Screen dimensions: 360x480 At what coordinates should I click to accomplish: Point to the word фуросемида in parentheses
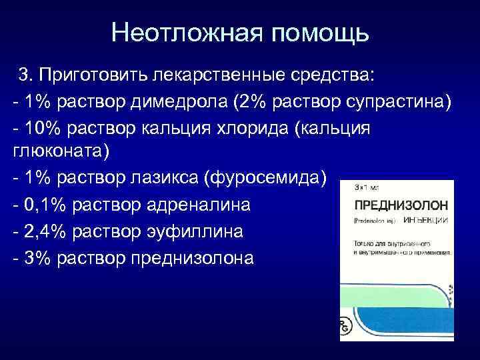point(269,179)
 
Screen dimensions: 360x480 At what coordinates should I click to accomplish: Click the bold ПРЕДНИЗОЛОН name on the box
point(396,205)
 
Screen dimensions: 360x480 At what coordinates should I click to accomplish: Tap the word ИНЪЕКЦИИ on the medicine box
point(426,220)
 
